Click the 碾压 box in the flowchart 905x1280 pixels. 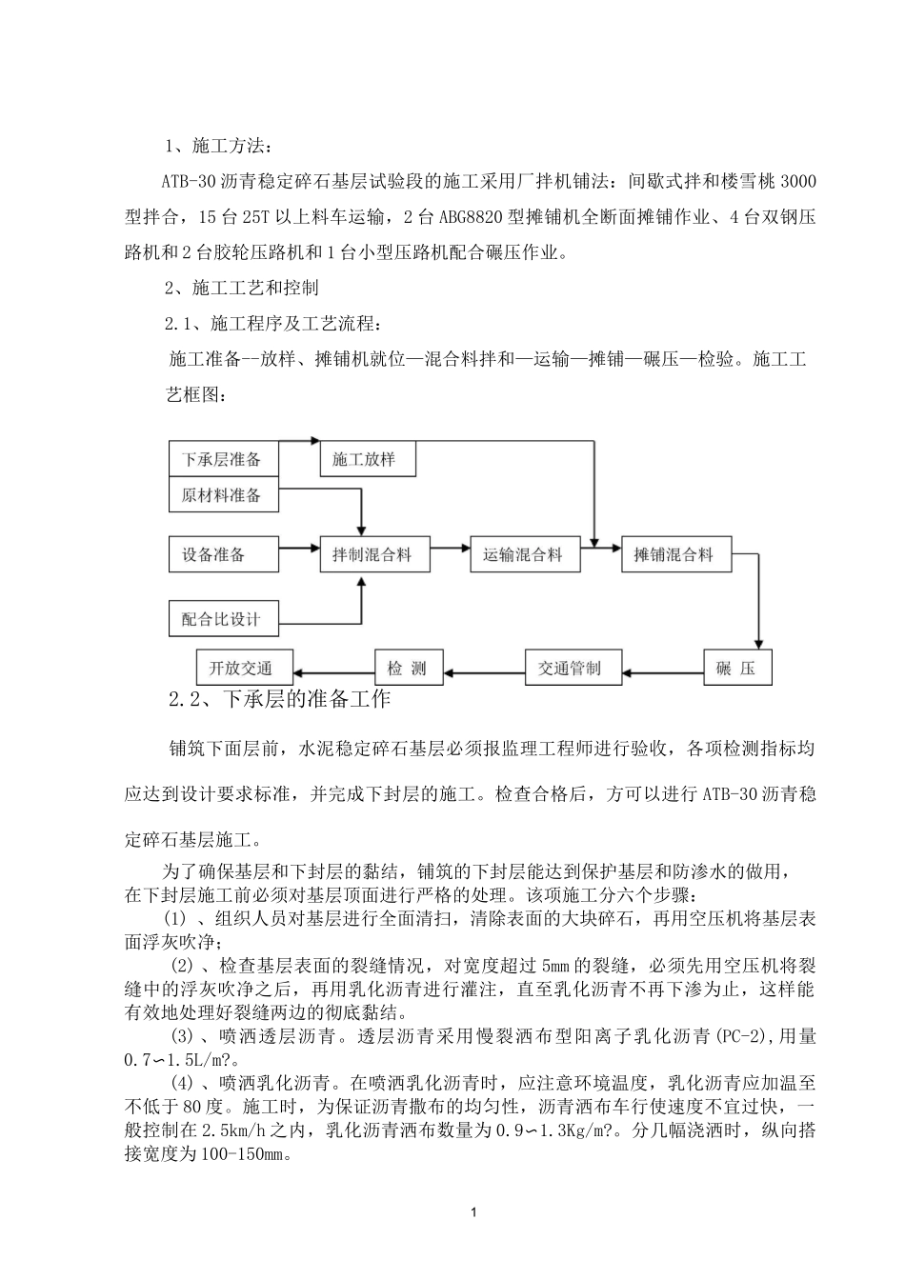click(x=736, y=668)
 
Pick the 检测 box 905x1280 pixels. click(x=408, y=668)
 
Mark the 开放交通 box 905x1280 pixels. click(x=245, y=668)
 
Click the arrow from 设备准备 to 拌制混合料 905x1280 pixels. click(x=299, y=548)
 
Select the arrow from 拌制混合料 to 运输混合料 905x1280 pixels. click(x=451, y=548)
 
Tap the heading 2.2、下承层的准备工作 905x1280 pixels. click(x=279, y=699)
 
